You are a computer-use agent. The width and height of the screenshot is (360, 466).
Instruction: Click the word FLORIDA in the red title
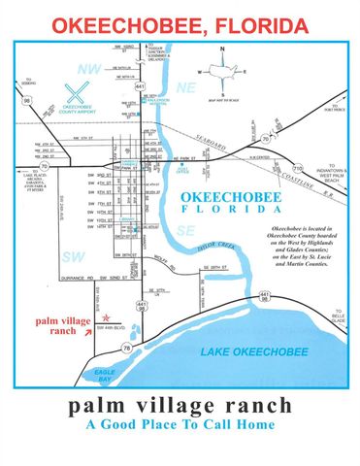tap(249, 22)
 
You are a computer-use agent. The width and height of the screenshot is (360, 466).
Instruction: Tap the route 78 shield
tap(127, 348)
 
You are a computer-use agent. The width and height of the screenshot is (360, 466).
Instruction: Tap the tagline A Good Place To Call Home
tap(180, 424)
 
